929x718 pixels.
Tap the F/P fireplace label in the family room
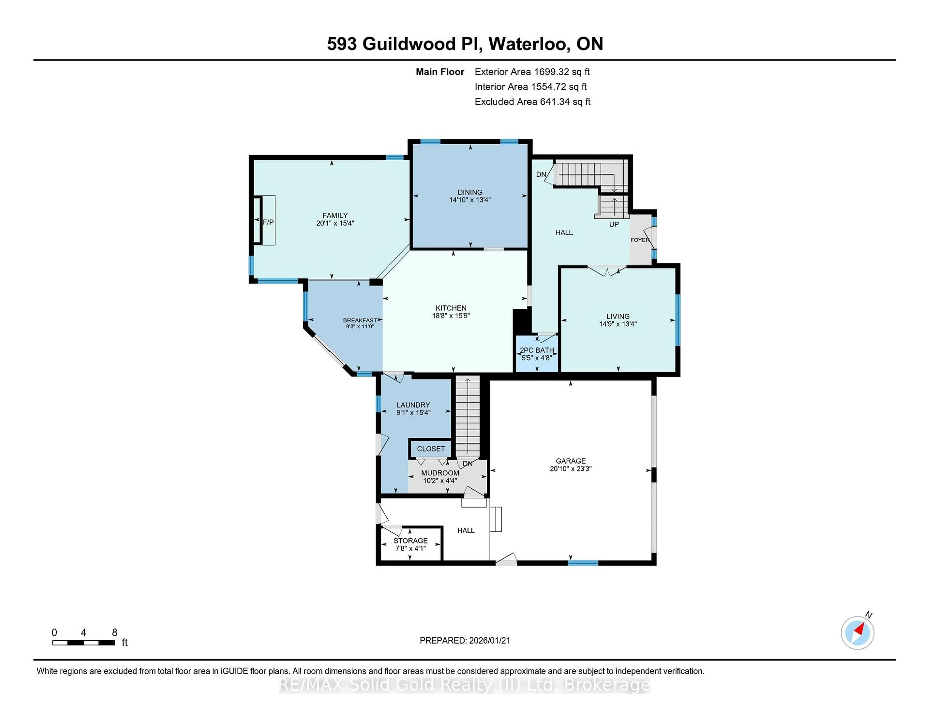tap(268, 222)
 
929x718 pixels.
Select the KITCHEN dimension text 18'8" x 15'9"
tap(451, 316)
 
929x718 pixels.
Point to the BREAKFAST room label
tap(360, 320)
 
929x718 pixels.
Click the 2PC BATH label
tap(537, 350)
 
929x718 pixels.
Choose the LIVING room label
tap(618, 316)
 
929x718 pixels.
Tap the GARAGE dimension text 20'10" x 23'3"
tap(570, 468)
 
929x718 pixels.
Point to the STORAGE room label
tap(411, 541)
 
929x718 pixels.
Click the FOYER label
tap(640, 240)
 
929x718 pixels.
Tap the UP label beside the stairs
tap(614, 224)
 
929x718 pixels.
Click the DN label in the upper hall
tap(541, 174)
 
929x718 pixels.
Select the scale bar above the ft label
tap(83, 643)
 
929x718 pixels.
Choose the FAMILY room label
tap(335, 216)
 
